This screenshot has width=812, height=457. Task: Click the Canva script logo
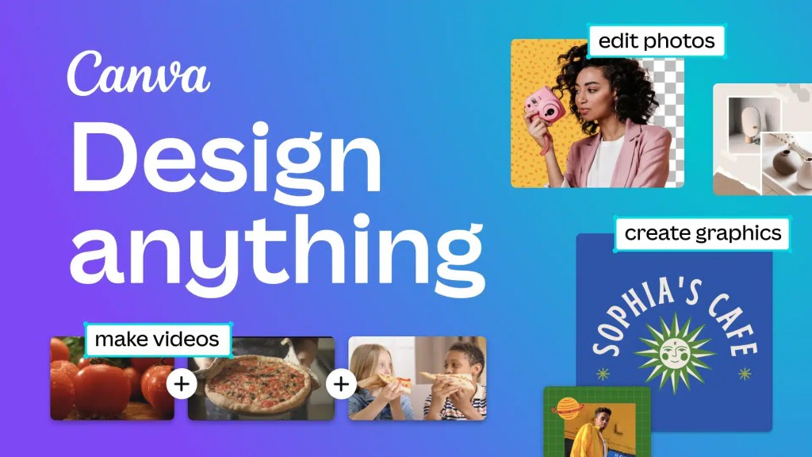138,74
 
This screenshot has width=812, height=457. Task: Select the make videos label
157,340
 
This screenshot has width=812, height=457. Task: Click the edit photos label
656,40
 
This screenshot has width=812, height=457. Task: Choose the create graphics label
703,233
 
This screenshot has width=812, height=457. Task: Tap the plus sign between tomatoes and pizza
182,385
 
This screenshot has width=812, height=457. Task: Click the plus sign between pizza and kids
341,385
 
